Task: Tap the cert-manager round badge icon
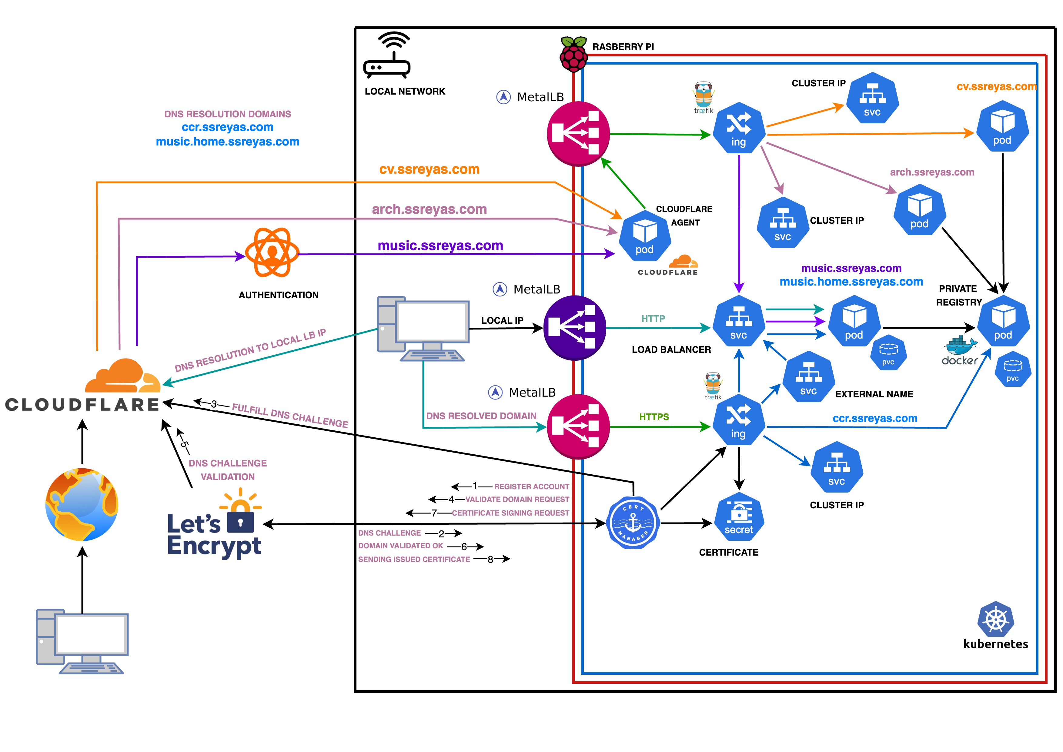tap(633, 523)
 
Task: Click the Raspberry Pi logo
tap(573, 55)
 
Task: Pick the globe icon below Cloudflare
tap(82, 505)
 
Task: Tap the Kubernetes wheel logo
tap(995, 619)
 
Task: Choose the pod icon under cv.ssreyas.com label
tap(1002, 126)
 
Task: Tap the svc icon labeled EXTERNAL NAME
tap(808, 377)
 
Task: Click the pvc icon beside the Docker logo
tap(1013, 369)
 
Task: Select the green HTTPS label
tap(654, 417)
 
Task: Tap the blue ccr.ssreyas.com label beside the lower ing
tap(874, 419)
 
